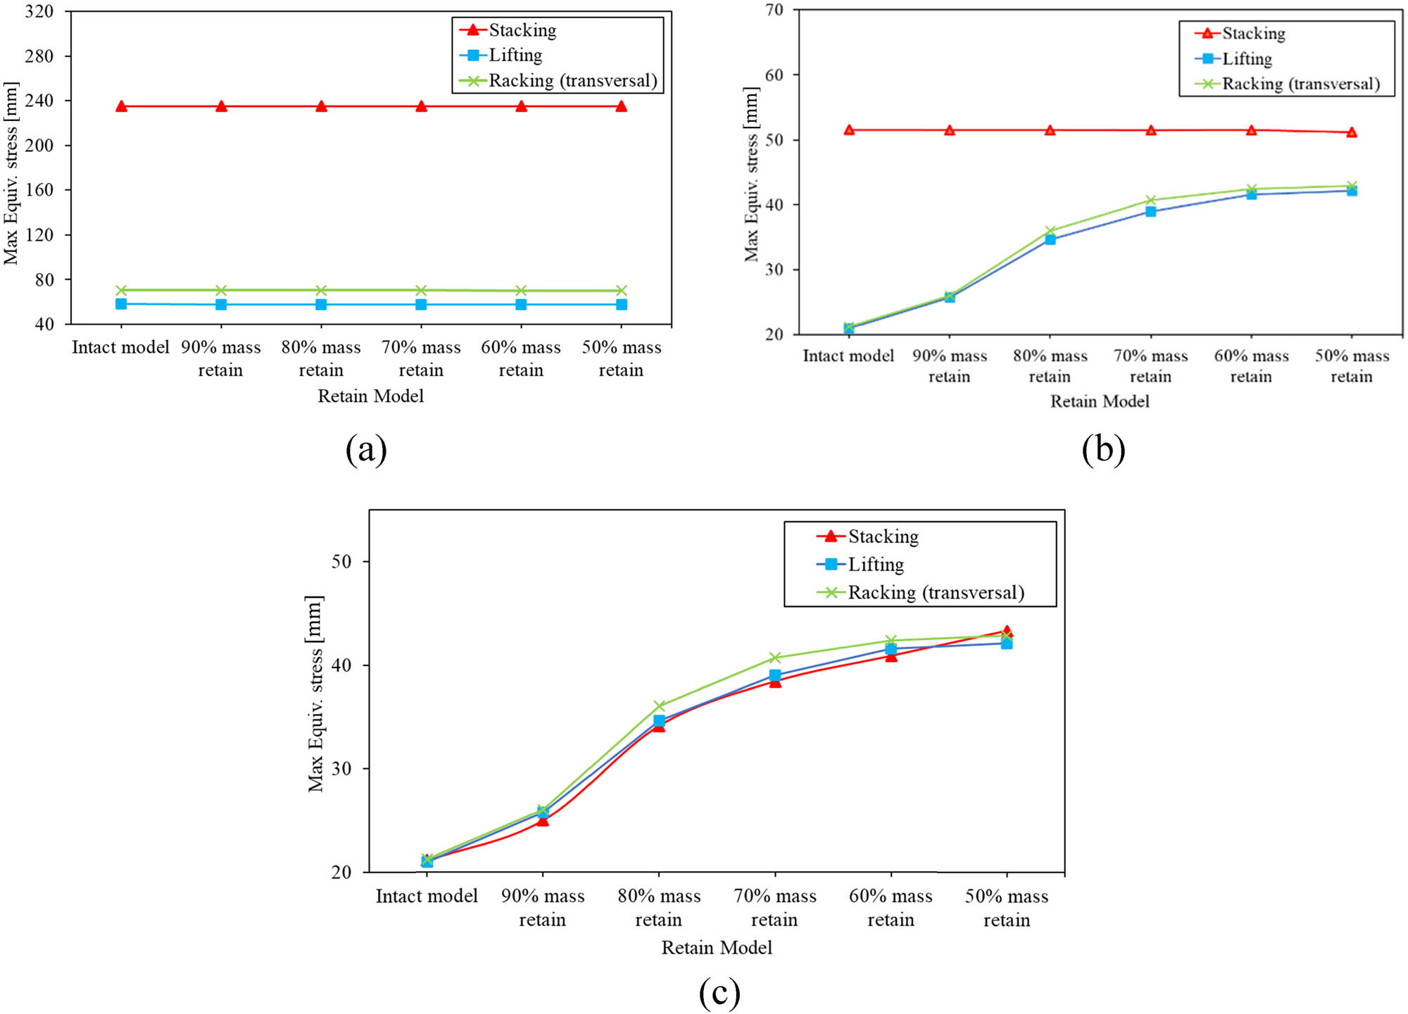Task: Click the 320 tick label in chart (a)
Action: coord(39,12)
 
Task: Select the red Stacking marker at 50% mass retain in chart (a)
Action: coord(621,106)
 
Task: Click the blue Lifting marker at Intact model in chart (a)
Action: coord(121,303)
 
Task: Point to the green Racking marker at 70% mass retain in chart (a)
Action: coord(421,290)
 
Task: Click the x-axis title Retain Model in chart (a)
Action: coord(370,396)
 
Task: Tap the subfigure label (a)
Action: coord(366,449)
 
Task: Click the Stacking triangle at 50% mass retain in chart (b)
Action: coord(1352,132)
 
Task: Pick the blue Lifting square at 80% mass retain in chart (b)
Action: coord(1050,239)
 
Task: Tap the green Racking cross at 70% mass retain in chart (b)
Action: coord(1150,201)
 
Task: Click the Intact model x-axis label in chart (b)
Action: coord(848,356)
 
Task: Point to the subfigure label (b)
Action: coord(1103,449)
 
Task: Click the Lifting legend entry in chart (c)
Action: coord(875,564)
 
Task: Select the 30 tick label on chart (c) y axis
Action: coord(341,768)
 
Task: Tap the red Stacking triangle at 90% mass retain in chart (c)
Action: coord(542,820)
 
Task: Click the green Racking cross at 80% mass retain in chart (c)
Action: coord(659,706)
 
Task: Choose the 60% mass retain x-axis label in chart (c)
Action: coord(891,908)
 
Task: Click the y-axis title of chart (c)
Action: coord(315,694)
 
